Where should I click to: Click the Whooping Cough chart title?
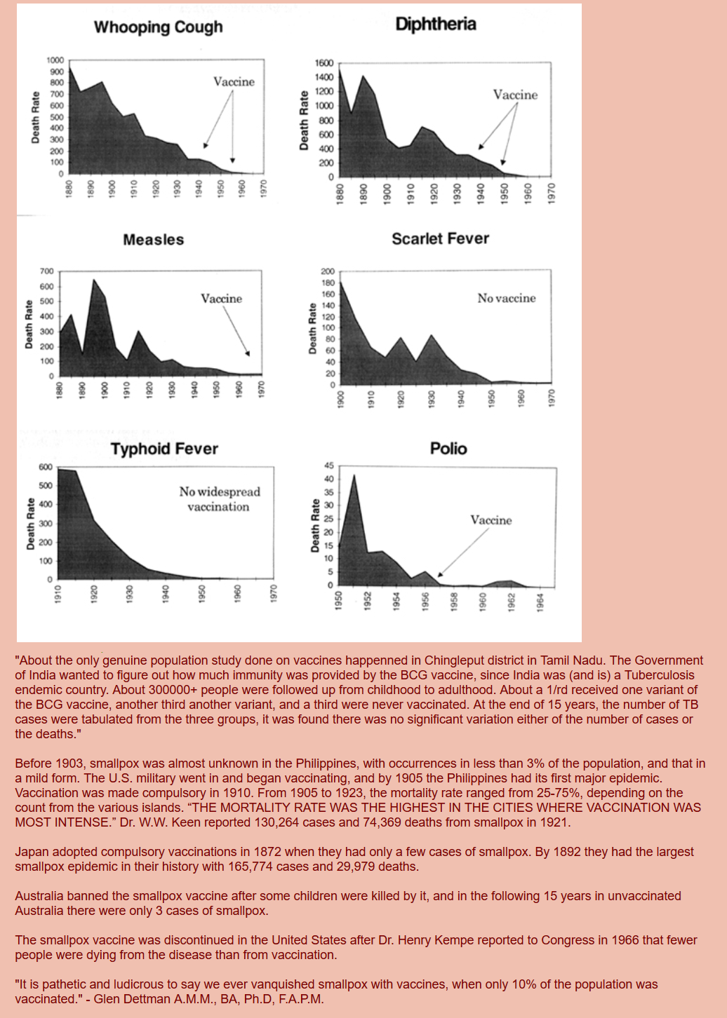[158, 27]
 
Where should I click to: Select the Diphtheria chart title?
[435, 25]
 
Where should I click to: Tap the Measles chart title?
[153, 240]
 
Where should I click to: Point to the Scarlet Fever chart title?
[440, 239]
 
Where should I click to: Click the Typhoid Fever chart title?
[164, 449]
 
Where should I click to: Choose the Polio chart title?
[448, 449]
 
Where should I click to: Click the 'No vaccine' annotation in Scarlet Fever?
[506, 298]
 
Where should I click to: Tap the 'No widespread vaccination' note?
[219, 499]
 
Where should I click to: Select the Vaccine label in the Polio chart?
[491, 520]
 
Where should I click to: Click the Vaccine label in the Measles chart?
[221, 299]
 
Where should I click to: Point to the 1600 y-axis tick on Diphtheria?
[324, 63]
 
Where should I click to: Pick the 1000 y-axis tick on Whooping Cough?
[55, 60]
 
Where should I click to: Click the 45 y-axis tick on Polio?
[328, 466]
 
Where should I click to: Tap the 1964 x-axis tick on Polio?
[540, 601]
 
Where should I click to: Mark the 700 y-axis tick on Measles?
[46, 271]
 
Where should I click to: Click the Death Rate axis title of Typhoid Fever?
[31, 523]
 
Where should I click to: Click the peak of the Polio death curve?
[354, 475]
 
